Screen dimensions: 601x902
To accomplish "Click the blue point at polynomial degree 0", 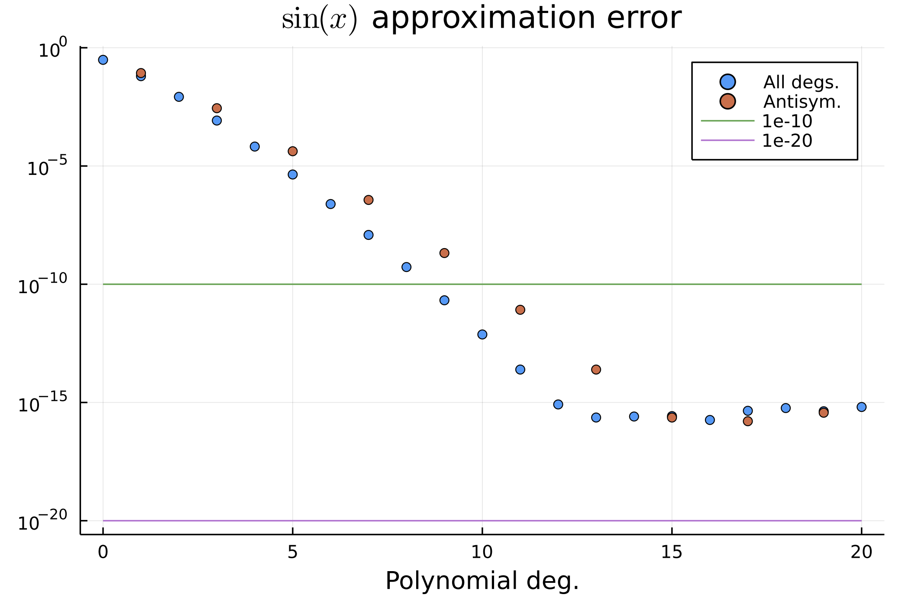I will [103, 60].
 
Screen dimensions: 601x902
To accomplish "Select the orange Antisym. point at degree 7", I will [369, 200].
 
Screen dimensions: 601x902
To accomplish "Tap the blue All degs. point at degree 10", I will [482, 334].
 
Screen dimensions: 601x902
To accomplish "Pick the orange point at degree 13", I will [596, 369].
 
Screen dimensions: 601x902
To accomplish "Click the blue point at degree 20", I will [861, 407].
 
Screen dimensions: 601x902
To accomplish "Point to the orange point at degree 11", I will [520, 310].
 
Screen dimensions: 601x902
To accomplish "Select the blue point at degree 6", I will [330, 204].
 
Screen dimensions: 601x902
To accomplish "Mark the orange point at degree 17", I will [748, 421].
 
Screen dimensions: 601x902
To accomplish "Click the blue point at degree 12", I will [558, 404].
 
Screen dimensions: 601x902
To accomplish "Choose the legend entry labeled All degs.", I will [801, 82].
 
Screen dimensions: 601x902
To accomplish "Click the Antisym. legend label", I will [802, 102].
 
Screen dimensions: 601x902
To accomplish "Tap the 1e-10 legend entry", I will [787, 121].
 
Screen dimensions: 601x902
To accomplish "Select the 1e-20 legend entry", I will [787, 141].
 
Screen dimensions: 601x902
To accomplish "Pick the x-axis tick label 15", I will [672, 552].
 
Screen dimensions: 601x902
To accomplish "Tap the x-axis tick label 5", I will [292, 552].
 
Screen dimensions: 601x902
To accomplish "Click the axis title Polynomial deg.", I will [482, 581].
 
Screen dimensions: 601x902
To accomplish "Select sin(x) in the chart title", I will [320, 19].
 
